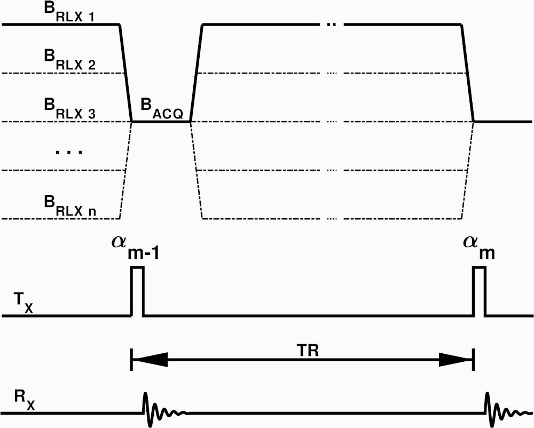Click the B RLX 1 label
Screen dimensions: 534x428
coord(69,13)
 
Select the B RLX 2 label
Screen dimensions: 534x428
coord(69,60)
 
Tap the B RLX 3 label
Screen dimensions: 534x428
coord(69,108)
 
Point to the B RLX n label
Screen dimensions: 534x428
coord(70,205)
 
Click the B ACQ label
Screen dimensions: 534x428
coord(162,109)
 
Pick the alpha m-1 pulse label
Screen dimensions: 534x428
coord(136,248)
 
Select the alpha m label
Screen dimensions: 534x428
coord(479,248)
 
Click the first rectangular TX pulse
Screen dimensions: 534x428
coord(138,291)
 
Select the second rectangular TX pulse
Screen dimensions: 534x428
coord(480,291)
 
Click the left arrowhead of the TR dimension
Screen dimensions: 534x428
coord(150,359)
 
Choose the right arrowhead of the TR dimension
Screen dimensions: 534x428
coord(456,359)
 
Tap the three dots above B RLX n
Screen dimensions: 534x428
coord(69,152)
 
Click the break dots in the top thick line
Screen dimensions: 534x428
coord(332,25)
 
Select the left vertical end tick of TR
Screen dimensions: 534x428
coord(131,359)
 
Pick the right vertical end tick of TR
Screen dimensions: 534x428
coord(474,359)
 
